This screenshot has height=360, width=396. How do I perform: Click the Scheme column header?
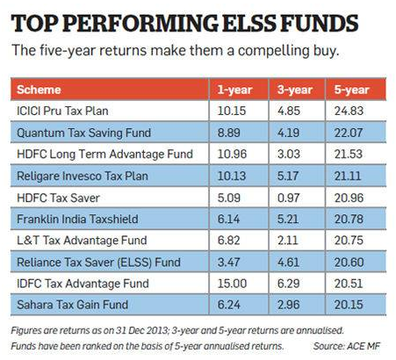point(39,90)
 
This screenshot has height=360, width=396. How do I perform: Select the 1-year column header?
point(234,90)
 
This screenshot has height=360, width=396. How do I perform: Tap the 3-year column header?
point(295,90)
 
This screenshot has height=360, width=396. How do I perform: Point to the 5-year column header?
point(351,90)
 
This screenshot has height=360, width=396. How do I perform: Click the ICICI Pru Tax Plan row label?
point(62,111)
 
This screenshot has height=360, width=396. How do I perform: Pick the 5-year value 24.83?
point(349,111)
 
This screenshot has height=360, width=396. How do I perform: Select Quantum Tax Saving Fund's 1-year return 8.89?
point(229,133)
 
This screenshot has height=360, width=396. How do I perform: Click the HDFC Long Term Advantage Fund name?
point(104,155)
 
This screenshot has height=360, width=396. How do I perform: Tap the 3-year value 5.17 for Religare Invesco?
point(288,176)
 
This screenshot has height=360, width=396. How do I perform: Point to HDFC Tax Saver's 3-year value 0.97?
point(288,198)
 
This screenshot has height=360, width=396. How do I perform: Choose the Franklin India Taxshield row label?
point(77,219)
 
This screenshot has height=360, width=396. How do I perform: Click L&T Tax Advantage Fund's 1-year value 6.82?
point(229,241)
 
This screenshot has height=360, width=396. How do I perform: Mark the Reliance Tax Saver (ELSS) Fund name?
point(98,263)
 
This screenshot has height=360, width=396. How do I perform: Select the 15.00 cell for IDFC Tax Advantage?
point(232,284)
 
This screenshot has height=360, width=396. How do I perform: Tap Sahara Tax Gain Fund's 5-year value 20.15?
point(349,305)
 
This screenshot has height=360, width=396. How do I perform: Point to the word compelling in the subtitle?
point(273,50)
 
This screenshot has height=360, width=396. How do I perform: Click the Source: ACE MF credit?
point(347,346)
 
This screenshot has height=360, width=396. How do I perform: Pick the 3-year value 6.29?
point(289,284)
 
